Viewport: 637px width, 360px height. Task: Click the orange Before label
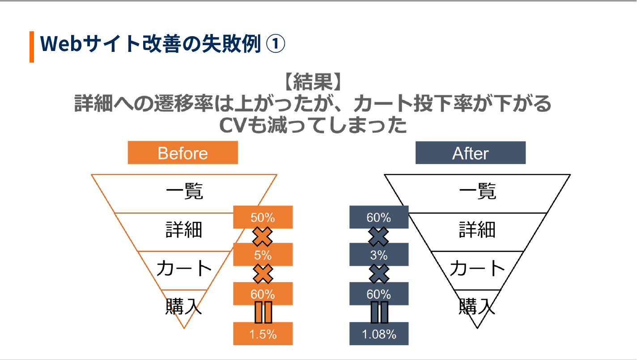click(183, 153)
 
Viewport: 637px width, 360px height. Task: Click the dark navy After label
click(470, 153)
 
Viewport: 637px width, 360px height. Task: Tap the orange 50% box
click(263, 217)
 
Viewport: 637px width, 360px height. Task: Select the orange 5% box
click(263, 255)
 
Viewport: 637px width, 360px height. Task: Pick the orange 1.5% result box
click(263, 334)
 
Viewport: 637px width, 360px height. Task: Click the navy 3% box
click(378, 255)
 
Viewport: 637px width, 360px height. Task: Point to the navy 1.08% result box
click(378, 334)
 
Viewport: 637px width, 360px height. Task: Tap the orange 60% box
click(263, 294)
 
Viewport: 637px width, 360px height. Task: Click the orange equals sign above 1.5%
click(263, 312)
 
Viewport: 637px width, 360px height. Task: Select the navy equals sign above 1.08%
click(379, 312)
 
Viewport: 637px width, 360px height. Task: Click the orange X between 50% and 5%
click(263, 237)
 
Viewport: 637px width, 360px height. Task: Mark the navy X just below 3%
click(379, 274)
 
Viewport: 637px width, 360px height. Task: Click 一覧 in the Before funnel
click(184, 192)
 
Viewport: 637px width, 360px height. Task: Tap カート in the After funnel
click(477, 269)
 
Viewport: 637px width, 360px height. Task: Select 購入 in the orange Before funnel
click(184, 307)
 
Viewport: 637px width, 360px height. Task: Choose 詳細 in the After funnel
click(477, 230)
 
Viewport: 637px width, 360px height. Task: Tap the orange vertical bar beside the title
click(32, 47)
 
